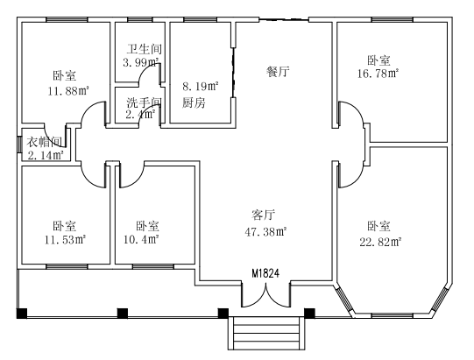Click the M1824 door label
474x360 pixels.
pyautogui.click(x=265, y=273)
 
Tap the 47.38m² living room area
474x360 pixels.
pyautogui.click(x=265, y=232)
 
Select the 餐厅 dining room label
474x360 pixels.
pyautogui.click(x=278, y=72)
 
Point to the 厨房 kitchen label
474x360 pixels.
pyautogui.click(x=194, y=103)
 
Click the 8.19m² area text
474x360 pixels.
pyautogui.click(x=201, y=87)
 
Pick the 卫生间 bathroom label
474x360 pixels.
pyautogui.click(x=144, y=49)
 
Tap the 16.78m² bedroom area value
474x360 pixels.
pyautogui.click(x=378, y=74)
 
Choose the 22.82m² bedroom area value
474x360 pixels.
pyautogui.click(x=380, y=242)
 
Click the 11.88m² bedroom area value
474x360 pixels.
pyautogui.click(x=68, y=91)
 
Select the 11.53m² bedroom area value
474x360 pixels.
pyautogui.click(x=66, y=240)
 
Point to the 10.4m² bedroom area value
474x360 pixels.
pyautogui.click(x=141, y=239)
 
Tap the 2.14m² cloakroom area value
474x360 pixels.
pyautogui.click(x=46, y=155)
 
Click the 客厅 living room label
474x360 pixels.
pyautogui.click(x=264, y=215)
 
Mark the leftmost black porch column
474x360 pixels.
pyautogui.click(x=22, y=314)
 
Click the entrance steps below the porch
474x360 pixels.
pyautogui.click(x=266, y=334)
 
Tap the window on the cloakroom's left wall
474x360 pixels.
pyautogui.click(x=19, y=145)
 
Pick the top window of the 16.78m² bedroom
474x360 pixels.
pyautogui.click(x=392, y=19)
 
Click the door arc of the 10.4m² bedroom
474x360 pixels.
pyautogui.click(x=132, y=174)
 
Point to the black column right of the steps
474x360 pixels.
pyautogui.click(x=309, y=314)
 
